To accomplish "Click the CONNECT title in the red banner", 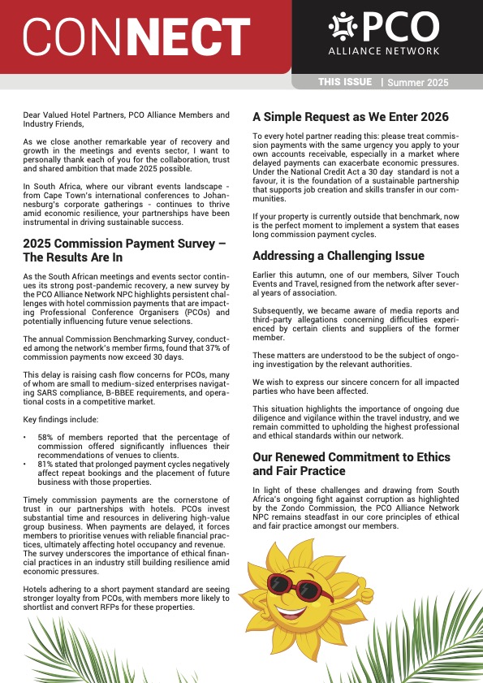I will tap(136, 37).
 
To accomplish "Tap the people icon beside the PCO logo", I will tap(343, 28).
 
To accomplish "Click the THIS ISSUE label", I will tap(345, 82).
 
